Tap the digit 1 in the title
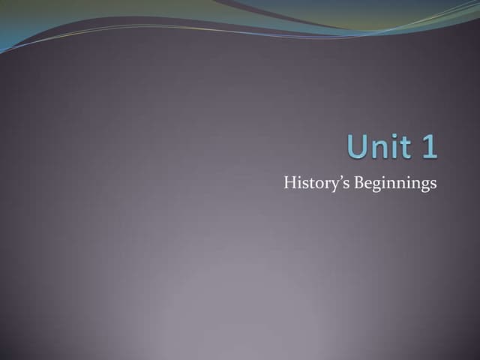[428, 146]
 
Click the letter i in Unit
[393, 146]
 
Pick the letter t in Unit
[403, 147]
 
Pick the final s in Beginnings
[433, 184]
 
